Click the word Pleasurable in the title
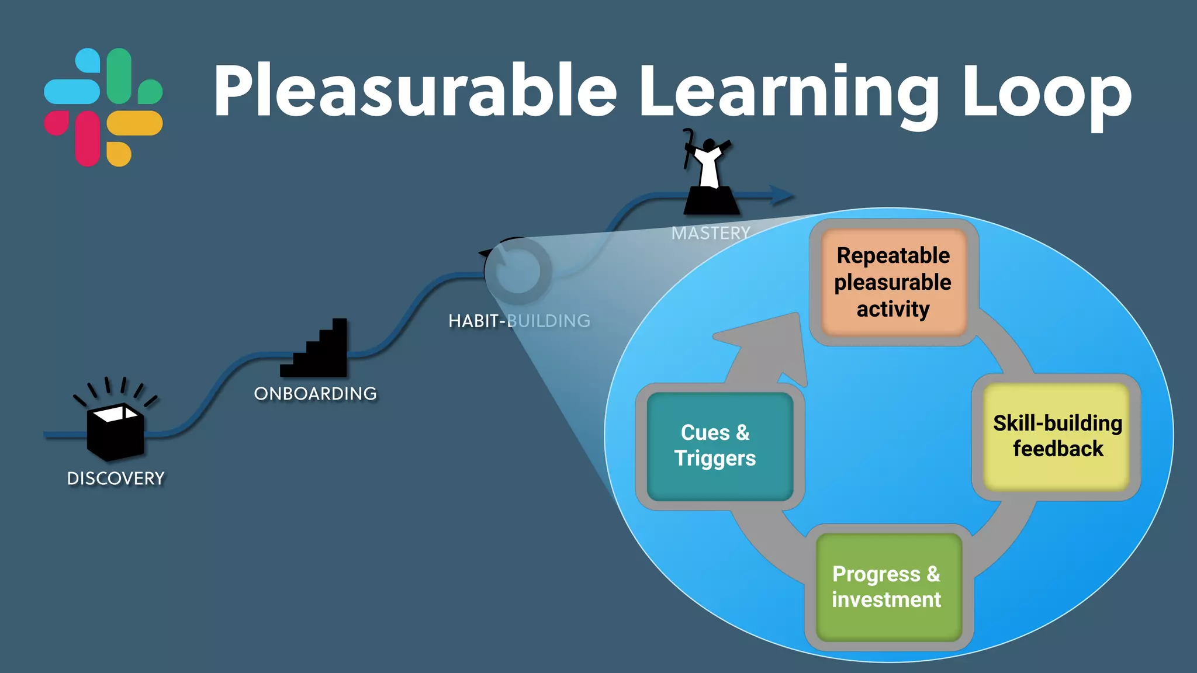415,92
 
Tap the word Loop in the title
1046,92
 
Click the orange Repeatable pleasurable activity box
893,282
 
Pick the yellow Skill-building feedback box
1057,436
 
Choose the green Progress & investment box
887,587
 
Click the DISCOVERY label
116,478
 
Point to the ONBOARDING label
316,394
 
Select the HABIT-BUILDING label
519,321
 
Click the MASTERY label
710,233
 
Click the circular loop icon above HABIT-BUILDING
517,270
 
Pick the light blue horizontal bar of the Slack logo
71,92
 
